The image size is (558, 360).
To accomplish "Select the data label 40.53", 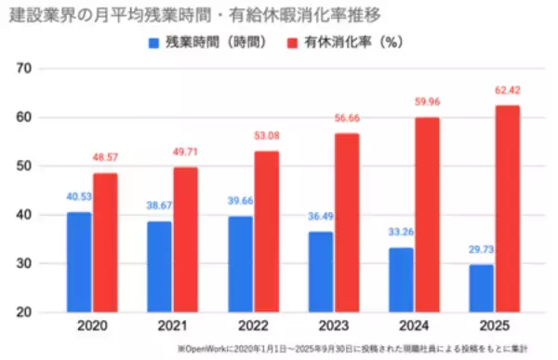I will click(x=78, y=197).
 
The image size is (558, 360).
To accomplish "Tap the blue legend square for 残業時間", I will click(x=153, y=42).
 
